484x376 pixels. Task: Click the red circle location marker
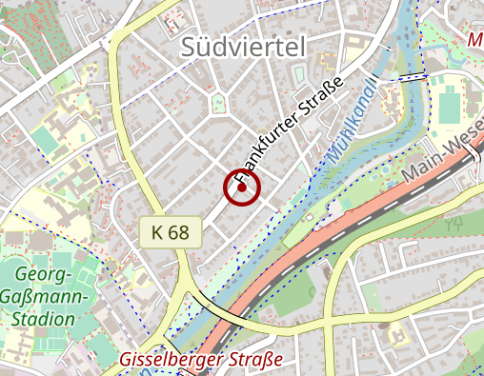point(243,188)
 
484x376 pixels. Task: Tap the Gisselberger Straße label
point(202,360)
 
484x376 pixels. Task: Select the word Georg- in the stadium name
point(42,276)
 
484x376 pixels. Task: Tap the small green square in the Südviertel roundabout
point(219,102)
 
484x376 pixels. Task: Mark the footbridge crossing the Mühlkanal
point(411,76)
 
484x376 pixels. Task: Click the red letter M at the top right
point(475,40)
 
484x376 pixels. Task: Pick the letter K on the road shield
point(157,231)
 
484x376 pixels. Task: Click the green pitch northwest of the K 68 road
point(44,140)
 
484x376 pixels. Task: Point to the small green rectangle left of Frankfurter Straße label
point(297,73)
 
